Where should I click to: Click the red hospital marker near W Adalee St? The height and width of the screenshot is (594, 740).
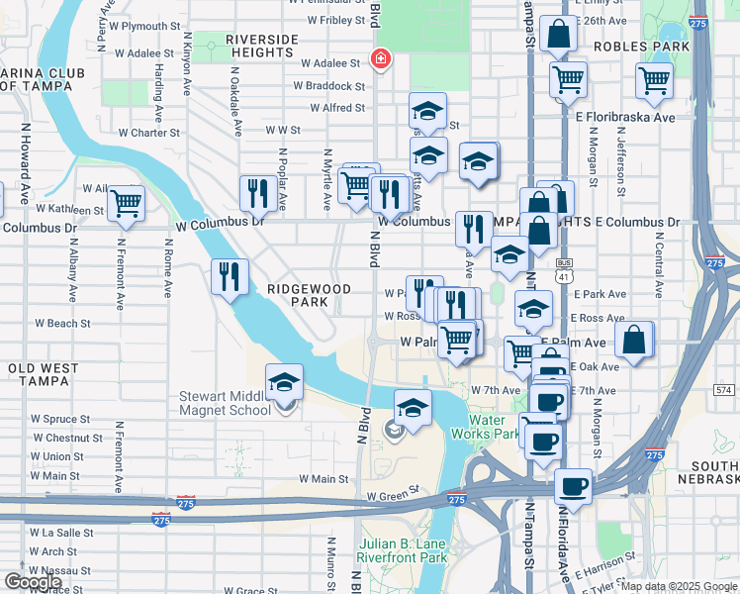(x=379, y=60)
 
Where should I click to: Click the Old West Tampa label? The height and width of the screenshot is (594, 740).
(x=43, y=368)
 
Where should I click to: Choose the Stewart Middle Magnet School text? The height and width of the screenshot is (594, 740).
(x=225, y=403)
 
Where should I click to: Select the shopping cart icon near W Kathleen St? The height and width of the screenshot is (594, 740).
(x=126, y=203)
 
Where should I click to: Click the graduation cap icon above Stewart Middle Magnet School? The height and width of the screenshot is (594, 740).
(x=284, y=382)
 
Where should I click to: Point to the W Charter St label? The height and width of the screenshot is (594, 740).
(x=148, y=132)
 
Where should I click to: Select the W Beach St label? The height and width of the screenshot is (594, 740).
(x=62, y=323)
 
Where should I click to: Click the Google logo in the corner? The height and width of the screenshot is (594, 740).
(x=34, y=582)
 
